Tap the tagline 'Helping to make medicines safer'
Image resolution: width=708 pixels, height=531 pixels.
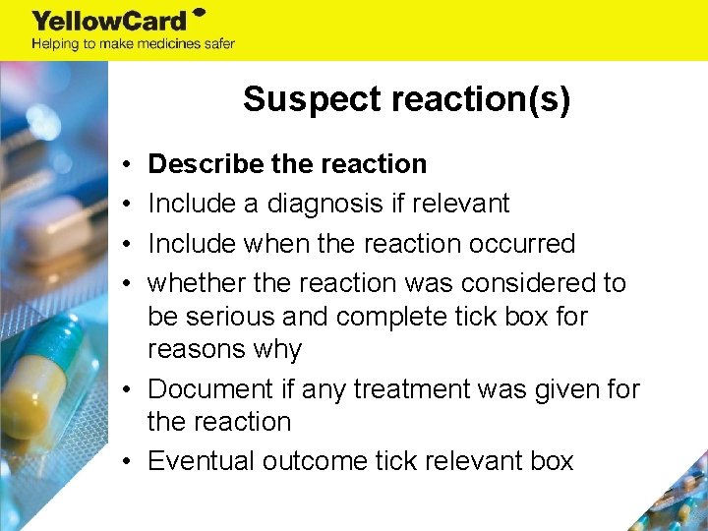(133, 43)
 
